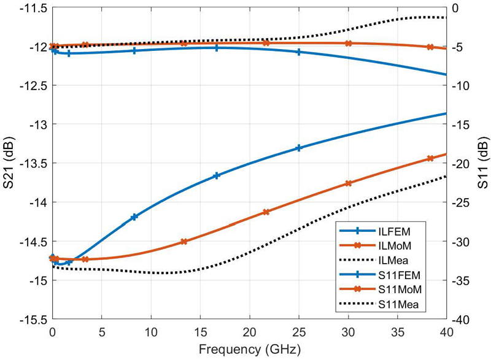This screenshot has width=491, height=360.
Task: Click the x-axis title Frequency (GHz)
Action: (249, 350)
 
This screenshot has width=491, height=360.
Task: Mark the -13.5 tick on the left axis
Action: (33, 163)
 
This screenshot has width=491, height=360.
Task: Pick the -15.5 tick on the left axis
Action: (33, 320)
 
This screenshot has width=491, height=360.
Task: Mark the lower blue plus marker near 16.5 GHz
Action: (216, 176)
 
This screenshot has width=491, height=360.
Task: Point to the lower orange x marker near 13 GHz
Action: (184, 242)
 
